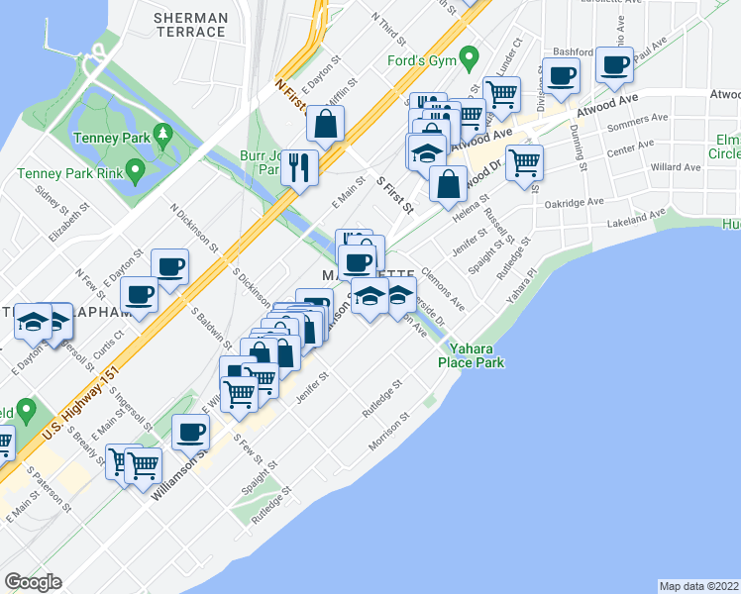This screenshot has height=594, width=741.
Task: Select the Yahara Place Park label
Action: [476, 355]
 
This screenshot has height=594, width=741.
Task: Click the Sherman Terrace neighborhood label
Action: [192, 25]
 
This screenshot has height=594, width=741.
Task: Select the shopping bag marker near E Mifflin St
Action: [325, 125]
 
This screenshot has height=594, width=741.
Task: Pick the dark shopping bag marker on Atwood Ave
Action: [449, 183]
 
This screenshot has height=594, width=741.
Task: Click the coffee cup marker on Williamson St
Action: [190, 432]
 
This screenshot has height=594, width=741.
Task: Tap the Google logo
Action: [34, 581]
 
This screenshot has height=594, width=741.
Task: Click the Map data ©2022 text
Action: [699, 585]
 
